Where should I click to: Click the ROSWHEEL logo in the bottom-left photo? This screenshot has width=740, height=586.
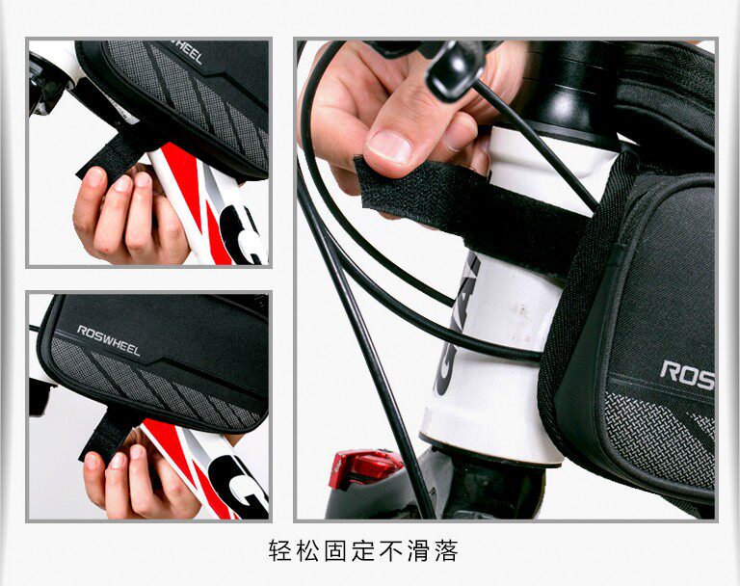(109, 340)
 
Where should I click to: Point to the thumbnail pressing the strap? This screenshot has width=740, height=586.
(390, 146)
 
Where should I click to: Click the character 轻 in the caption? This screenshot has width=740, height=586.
(280, 551)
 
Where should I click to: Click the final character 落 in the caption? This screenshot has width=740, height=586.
(446, 551)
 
